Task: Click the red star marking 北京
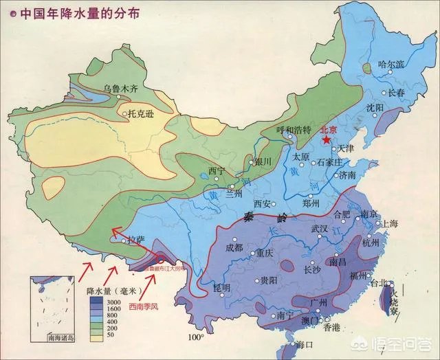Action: (325, 139)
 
